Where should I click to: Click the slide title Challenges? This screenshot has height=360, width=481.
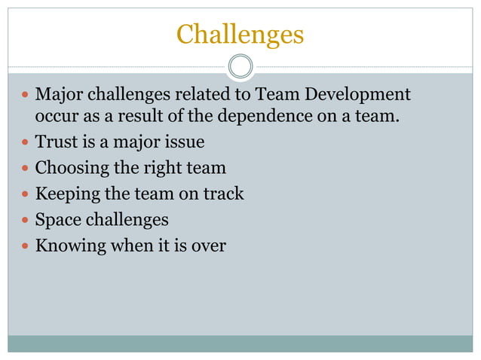(240, 34)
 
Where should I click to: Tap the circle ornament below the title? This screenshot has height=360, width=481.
(240, 66)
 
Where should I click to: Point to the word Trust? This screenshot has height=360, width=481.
(55, 142)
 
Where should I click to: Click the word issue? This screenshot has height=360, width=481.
(185, 142)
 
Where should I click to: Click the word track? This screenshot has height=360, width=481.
(223, 194)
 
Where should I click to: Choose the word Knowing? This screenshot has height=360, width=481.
(70, 246)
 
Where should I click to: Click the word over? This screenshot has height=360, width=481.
(209, 246)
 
